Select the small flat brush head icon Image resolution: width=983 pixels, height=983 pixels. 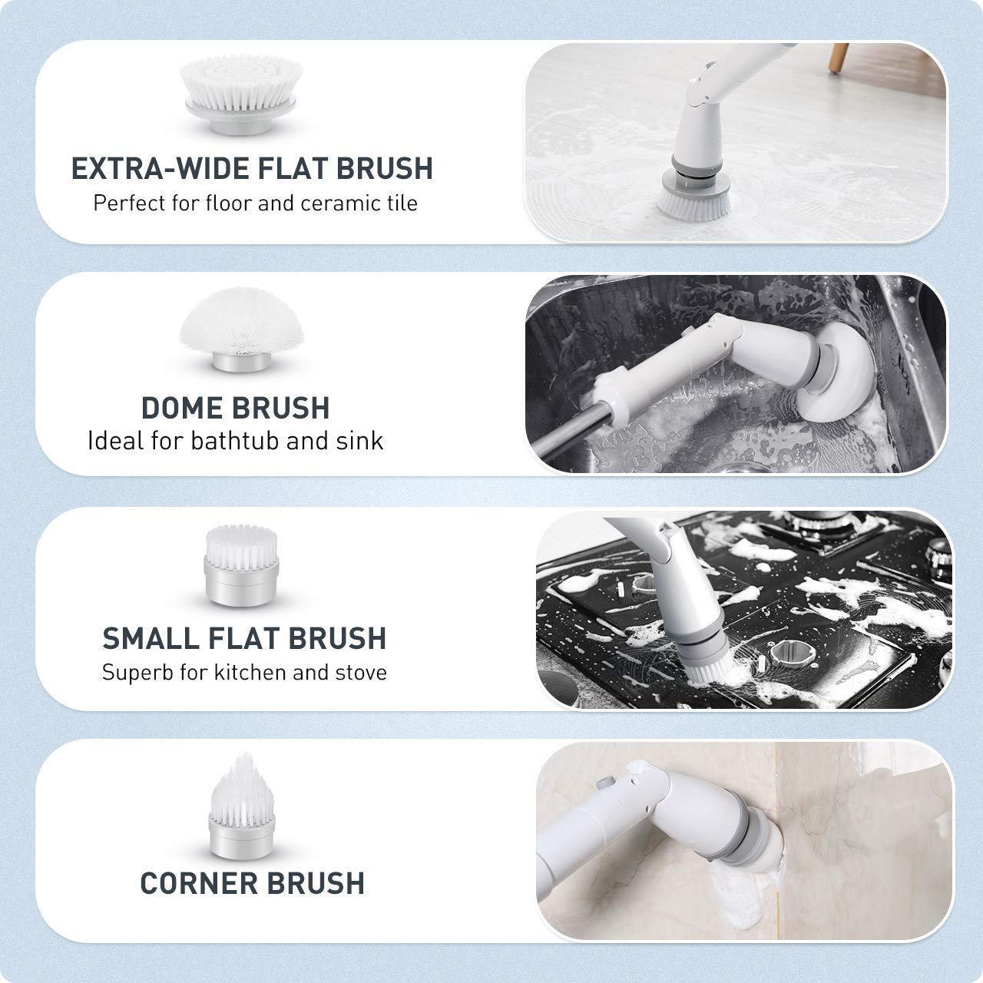237,565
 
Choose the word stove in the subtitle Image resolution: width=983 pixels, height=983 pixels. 361,673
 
